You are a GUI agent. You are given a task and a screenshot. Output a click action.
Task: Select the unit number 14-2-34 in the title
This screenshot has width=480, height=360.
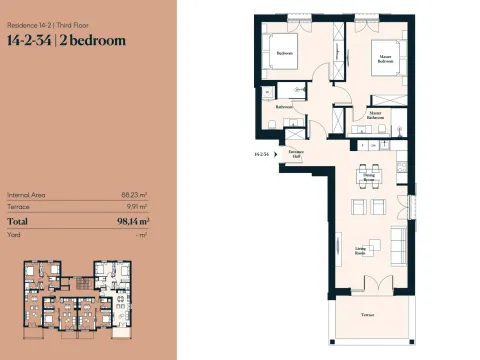pos(30,41)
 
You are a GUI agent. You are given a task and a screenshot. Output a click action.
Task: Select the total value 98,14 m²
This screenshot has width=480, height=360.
pos(131,221)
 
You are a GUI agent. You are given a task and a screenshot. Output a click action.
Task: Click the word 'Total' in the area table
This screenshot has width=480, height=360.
pos(18,221)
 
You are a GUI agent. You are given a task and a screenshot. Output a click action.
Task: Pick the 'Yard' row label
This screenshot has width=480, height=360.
pos(14,235)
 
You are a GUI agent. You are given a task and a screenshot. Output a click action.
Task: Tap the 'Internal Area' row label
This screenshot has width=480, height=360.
pos(26,195)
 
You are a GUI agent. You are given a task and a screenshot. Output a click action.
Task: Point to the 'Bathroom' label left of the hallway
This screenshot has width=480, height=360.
pos(284,106)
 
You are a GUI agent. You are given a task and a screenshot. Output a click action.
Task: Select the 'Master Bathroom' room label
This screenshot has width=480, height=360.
pos(375,116)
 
